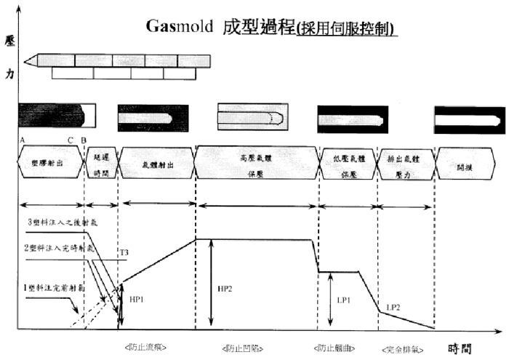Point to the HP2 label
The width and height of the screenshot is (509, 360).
[x=226, y=289]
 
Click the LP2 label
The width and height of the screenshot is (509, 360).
[x=393, y=307]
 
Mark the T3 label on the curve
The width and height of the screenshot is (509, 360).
[x=124, y=252]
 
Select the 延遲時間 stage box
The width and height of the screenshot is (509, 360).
[x=100, y=162]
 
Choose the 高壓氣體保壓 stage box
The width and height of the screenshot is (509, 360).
[x=257, y=162]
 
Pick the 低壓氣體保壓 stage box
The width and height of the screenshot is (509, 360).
[x=348, y=162]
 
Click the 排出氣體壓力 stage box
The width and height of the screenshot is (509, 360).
[x=405, y=162]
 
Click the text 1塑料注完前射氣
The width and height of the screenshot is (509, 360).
[x=49, y=289]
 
